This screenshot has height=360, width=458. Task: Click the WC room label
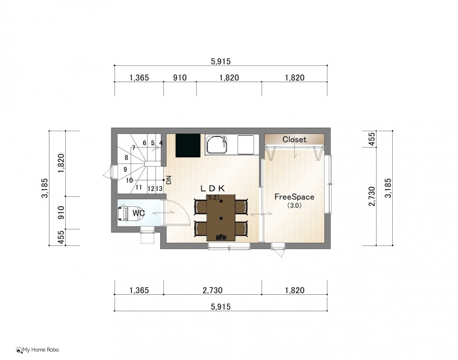(139, 213)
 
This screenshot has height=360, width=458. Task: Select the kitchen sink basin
(217, 144)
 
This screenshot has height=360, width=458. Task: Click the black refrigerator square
(188, 145)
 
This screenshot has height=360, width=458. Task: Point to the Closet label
(294, 139)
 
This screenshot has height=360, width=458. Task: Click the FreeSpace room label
(294, 197)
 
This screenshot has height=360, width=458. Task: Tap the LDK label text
(213, 189)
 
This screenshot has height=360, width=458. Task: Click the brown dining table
(221, 217)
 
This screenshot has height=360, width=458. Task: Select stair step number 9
(125, 169)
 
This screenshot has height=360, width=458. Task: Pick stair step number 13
(159, 189)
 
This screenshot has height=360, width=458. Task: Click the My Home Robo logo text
(41, 349)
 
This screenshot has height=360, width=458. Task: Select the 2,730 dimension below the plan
(212, 290)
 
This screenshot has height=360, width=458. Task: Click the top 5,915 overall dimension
(220, 61)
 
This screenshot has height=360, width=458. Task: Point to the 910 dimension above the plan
(180, 78)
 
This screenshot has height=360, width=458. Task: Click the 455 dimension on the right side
(372, 139)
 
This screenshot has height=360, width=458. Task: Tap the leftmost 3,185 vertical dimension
(45, 188)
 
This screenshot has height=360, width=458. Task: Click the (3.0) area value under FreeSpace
(294, 205)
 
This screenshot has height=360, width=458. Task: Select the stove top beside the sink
(247, 144)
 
